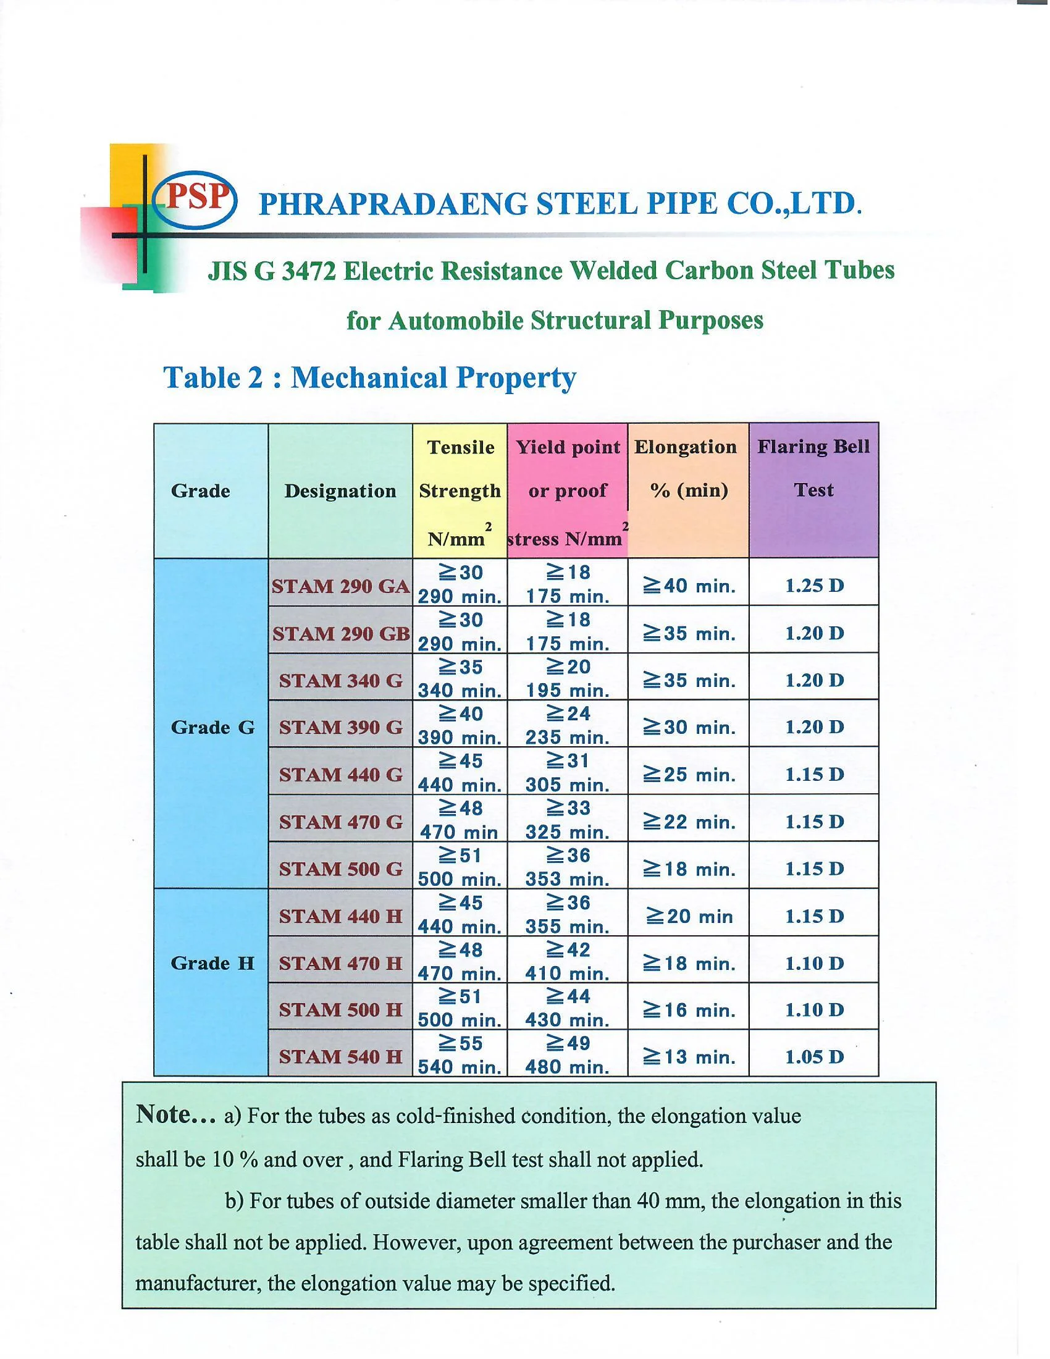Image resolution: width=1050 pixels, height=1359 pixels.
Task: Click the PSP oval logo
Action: point(194,198)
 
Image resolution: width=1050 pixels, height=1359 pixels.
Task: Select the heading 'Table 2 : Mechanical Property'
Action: point(369,377)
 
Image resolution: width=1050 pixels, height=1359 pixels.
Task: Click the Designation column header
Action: point(340,491)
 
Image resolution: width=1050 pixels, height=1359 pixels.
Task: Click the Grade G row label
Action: point(212,727)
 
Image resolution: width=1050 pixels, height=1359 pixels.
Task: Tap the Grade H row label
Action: point(212,962)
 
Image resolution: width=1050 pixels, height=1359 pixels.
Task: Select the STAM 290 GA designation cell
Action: point(341,586)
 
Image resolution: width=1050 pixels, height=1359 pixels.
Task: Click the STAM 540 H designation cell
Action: point(341,1056)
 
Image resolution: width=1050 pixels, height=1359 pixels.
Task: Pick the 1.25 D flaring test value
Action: point(814,586)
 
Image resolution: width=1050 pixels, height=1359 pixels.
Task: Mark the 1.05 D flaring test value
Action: point(814,1056)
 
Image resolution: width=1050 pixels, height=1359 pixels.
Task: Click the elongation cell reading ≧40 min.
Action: point(689,586)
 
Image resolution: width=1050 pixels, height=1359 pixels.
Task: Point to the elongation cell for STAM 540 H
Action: point(689,1056)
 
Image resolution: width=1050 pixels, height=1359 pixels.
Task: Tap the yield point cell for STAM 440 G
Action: point(567,772)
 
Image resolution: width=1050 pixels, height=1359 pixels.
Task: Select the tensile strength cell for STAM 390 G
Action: point(460,725)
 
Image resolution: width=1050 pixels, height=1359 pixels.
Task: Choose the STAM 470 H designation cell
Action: point(341,962)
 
